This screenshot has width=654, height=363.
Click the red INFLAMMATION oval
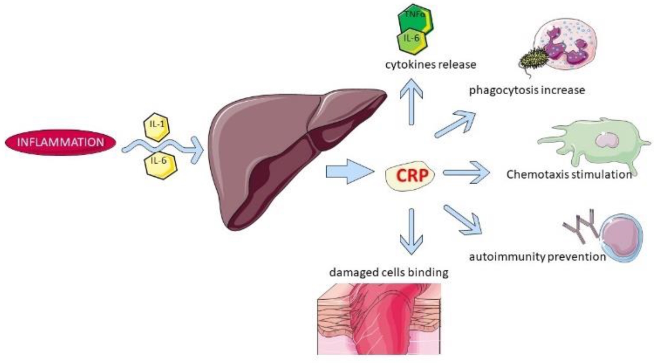click(61, 142)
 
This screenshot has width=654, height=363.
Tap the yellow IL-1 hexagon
click(157, 125)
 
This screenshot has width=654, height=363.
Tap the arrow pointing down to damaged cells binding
click(410, 231)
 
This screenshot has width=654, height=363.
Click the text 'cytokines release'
click(430, 65)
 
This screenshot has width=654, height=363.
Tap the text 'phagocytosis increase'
click(527, 90)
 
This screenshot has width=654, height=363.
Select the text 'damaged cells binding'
click(388, 273)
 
